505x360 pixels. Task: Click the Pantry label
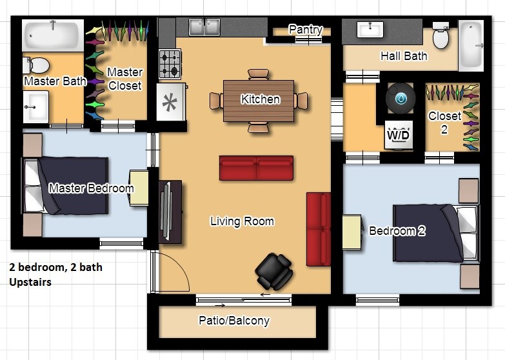point(305,30)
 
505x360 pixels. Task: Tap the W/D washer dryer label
point(397,135)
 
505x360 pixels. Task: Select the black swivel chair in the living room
point(273,271)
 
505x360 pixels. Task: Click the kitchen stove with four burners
point(170,64)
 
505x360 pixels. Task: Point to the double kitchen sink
point(204,27)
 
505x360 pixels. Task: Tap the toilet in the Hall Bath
point(441,37)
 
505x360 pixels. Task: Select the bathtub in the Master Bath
point(52,35)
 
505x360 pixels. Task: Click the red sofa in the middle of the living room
point(256,168)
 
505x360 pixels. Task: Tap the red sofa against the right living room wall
point(318,229)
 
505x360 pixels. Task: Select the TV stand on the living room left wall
point(170,212)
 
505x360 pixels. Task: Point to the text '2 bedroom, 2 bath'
point(55,266)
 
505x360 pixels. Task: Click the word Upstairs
point(30,282)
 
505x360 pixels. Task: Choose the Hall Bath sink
point(370,30)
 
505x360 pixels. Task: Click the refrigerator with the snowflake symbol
point(171,103)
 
